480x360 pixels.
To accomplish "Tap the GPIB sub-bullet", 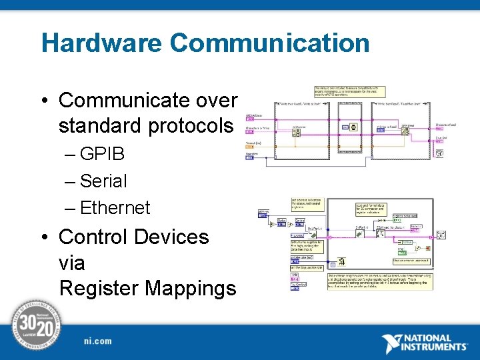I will pyautogui.click(x=101, y=154).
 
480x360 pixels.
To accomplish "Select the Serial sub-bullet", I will pyautogui.click(x=103, y=181).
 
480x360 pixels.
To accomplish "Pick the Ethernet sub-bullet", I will pyautogui.click(x=115, y=207).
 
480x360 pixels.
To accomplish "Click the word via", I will pyautogui.click(x=72, y=263).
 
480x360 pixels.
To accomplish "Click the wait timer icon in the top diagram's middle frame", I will pyautogui.click(x=353, y=127).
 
